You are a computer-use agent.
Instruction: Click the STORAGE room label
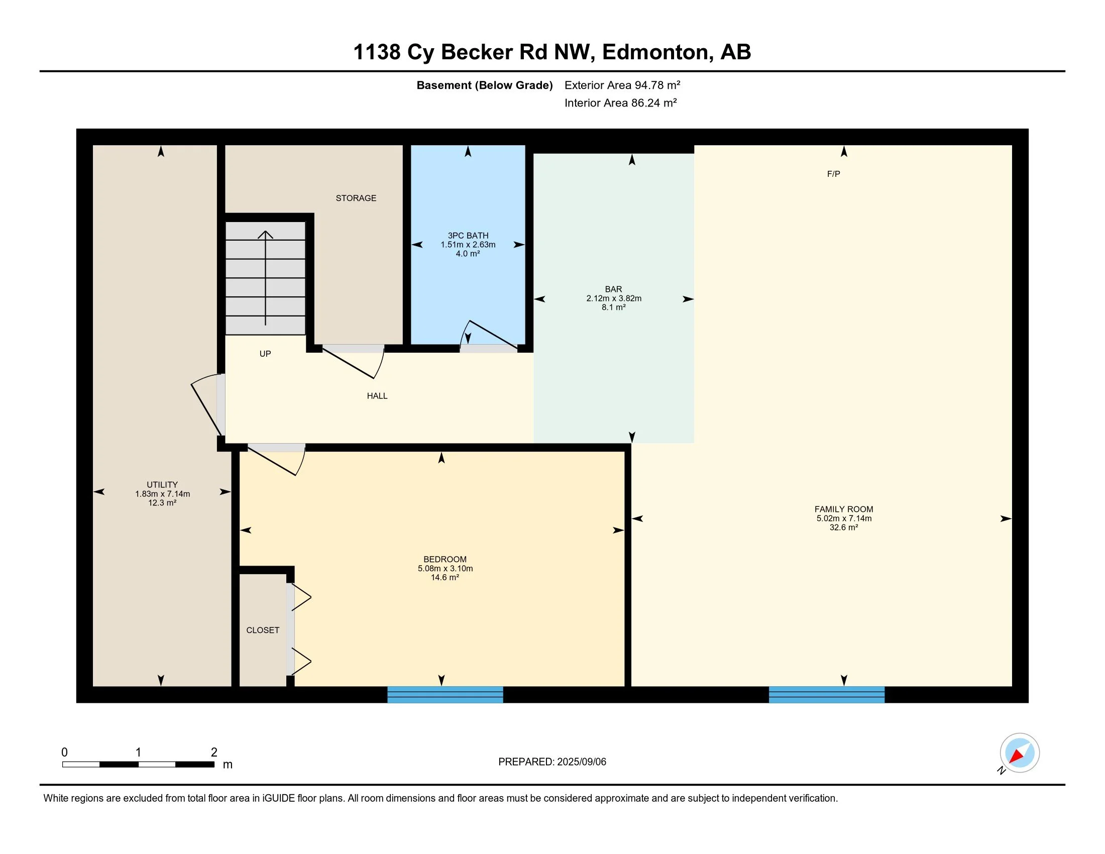[x=356, y=198]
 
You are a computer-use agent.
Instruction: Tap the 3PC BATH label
[x=468, y=235]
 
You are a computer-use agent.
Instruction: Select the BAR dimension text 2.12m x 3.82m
[x=614, y=298]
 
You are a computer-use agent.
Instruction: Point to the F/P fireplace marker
[x=833, y=174]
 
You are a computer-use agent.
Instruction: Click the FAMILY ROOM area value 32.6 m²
[x=843, y=527]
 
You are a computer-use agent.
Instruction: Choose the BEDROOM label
[x=445, y=559]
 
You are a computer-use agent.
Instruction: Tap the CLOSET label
[x=263, y=630]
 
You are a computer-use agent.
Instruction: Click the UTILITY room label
[x=162, y=484]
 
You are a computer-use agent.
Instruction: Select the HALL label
[x=377, y=396]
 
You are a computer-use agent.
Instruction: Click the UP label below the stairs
[x=265, y=354]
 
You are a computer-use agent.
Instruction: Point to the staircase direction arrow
[x=265, y=278]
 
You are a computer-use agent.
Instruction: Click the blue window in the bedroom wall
[x=445, y=695]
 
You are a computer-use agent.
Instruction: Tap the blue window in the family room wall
[x=827, y=695]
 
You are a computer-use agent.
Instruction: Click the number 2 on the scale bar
[x=214, y=753]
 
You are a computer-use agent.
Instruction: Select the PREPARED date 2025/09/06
[x=581, y=762]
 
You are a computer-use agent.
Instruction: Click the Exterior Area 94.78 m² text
[x=622, y=85]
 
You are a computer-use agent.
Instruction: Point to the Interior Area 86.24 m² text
[x=620, y=102]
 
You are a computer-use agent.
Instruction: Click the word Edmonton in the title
[x=654, y=52]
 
